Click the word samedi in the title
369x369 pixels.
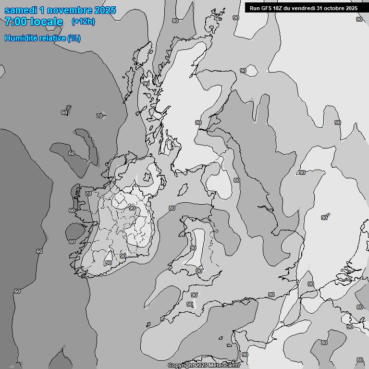coord(22,10)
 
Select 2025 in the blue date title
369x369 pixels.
coord(105,10)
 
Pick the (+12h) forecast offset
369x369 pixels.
coord(83,22)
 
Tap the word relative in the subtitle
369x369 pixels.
coord(54,38)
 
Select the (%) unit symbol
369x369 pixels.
coord(74,38)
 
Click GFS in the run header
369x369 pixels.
coord(265,8)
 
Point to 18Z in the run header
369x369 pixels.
coord(277,8)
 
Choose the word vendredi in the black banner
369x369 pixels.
coord(304,8)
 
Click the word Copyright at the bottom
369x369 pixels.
coord(181,366)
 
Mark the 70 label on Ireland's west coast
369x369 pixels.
coord(88,194)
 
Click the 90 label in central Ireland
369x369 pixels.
coord(132,208)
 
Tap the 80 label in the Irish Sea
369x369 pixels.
coord(172,208)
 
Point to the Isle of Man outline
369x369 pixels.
coord(183,190)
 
